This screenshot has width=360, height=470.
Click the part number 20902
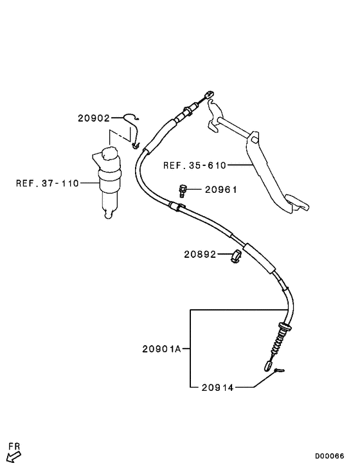[x=94, y=118]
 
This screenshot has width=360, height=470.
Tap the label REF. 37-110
[x=48, y=183]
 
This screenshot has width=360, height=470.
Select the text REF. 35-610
[x=195, y=165]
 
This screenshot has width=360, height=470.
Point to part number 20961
[x=221, y=190]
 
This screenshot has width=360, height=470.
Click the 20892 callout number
[x=200, y=255]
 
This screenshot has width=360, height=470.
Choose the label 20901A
[x=161, y=349]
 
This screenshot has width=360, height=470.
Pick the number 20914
[x=217, y=388]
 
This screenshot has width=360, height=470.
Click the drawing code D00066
[x=329, y=456]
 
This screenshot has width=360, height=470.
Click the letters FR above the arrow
[x=14, y=446]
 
